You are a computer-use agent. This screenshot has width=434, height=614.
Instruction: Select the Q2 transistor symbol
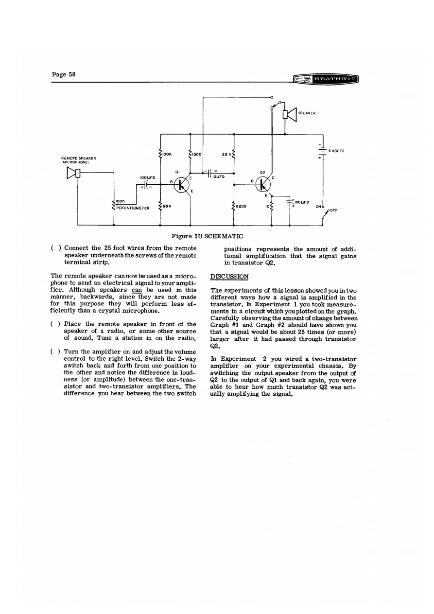coord(263,184)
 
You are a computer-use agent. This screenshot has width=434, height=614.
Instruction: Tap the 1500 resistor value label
coord(197,154)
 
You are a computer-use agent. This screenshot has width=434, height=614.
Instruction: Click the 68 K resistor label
coord(168,207)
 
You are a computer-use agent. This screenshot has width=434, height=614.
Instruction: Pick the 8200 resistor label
coord(242,207)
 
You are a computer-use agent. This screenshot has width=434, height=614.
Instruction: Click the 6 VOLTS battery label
coord(336,151)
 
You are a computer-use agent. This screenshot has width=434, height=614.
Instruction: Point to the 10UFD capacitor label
coord(216,177)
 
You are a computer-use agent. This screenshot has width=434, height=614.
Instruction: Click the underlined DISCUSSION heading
coord(230,276)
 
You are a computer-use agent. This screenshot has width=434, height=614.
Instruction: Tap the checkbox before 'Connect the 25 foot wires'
coord(55,247)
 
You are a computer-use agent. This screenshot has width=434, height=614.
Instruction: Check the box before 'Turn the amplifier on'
coord(55,351)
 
